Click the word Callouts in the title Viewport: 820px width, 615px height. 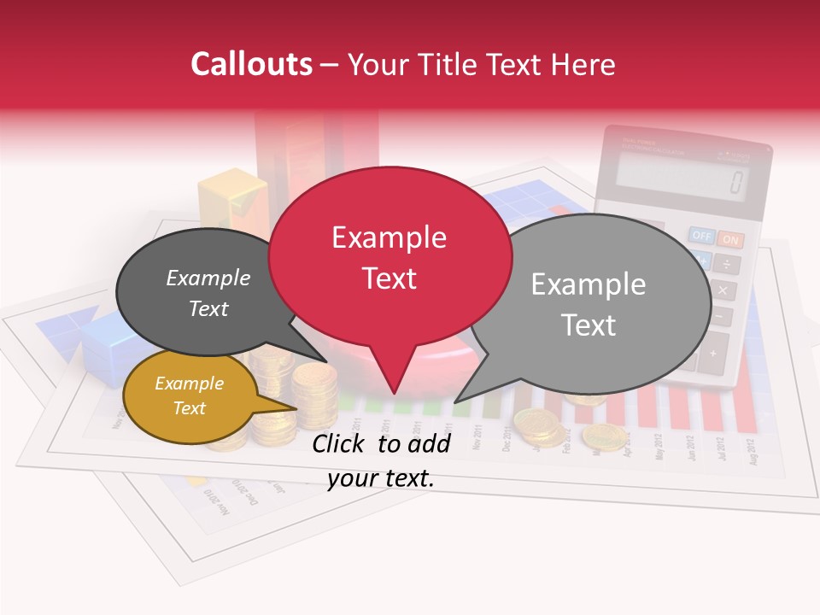(x=251, y=64)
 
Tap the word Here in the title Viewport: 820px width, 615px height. (x=583, y=64)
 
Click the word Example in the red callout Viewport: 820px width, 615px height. (x=389, y=237)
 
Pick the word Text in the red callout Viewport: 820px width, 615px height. (x=389, y=278)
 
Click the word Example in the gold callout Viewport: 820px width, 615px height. (x=189, y=384)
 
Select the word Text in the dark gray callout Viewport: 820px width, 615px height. (x=208, y=308)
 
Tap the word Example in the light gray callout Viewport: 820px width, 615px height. (x=588, y=284)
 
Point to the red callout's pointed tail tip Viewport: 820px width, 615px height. (x=393, y=394)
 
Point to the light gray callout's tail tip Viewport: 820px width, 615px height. (x=456, y=401)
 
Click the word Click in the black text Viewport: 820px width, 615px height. (x=340, y=442)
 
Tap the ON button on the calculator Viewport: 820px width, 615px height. (x=730, y=240)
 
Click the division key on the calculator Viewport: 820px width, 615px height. (x=727, y=264)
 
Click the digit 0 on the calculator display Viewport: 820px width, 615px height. (x=735, y=182)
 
